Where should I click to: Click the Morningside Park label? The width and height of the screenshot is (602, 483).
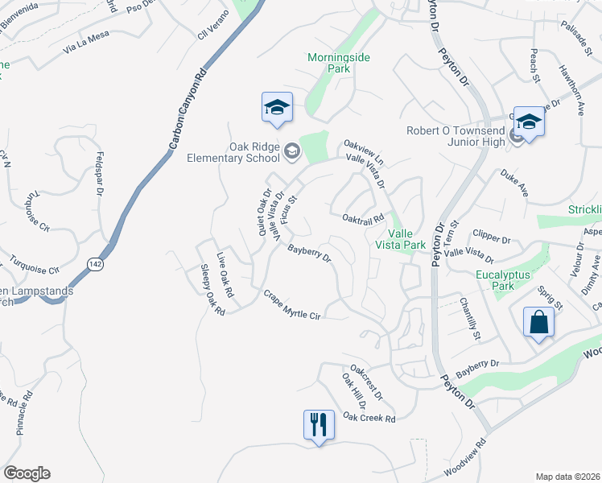(x=330, y=63)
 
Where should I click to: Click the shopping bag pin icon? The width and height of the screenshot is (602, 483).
(x=538, y=323)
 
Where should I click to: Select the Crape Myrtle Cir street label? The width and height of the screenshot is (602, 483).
(x=292, y=305)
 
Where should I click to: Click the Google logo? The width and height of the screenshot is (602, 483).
(x=27, y=473)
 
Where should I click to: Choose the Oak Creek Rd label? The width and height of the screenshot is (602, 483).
(x=369, y=418)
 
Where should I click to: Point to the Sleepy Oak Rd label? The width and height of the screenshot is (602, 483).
(x=212, y=288)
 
